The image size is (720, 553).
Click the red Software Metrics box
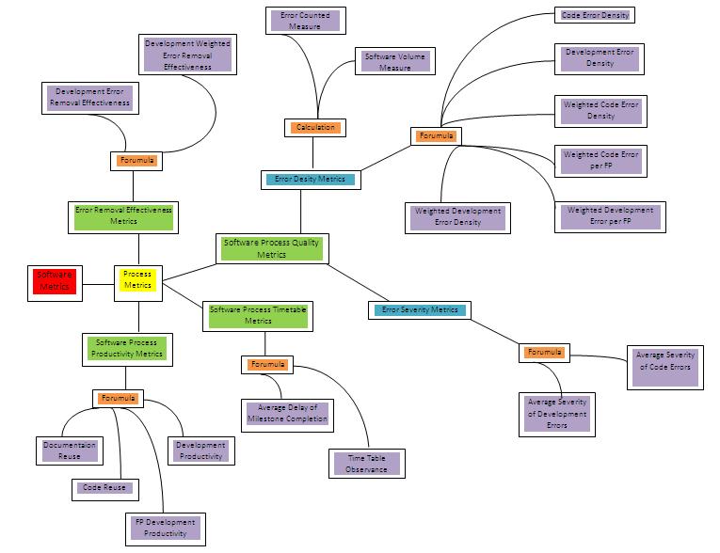[x=55, y=280]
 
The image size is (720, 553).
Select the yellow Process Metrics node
[x=138, y=279]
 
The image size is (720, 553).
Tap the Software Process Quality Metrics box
[x=271, y=248]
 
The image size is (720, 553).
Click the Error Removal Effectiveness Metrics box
[x=123, y=216]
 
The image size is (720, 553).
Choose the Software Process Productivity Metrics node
[x=126, y=348]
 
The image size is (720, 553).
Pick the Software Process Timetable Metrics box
[x=258, y=315]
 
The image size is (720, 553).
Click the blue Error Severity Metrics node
[x=419, y=309]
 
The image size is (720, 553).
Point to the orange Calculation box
[x=314, y=127]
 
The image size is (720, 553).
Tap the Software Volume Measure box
[x=395, y=62]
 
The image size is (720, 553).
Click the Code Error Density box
[x=595, y=15]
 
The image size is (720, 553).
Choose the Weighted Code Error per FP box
[x=600, y=160]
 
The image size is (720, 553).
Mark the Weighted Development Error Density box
[x=458, y=217]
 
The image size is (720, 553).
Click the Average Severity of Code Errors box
[x=664, y=360]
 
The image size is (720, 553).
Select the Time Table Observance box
[x=366, y=463]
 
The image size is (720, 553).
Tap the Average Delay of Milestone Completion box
[x=286, y=413]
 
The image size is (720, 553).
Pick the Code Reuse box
[x=104, y=487]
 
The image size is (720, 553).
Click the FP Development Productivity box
[x=165, y=528]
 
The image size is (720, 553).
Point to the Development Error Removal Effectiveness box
[x=92, y=97]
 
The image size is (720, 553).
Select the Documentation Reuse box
[x=70, y=450]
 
